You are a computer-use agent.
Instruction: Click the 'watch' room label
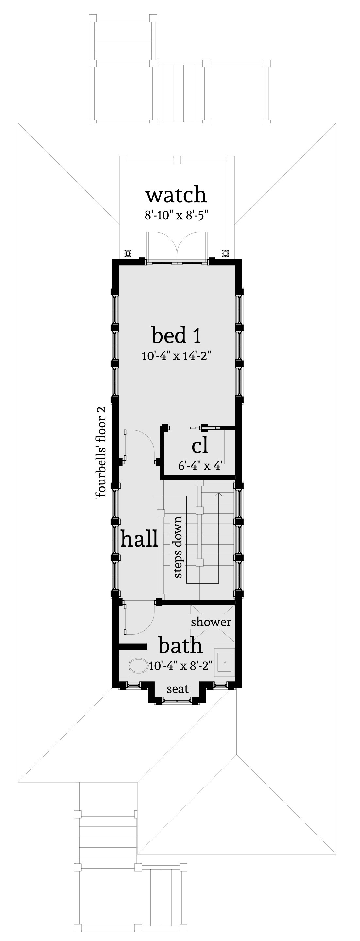[176, 195]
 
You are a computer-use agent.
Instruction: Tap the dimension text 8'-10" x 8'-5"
[176, 215]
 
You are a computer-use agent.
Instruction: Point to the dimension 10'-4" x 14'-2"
[177, 355]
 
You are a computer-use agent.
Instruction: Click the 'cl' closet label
[200, 446]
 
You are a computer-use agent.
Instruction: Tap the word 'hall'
[140, 538]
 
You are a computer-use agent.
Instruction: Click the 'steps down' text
[178, 547]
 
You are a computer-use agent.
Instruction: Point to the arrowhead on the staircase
[219, 494]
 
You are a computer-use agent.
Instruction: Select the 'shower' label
[211, 622]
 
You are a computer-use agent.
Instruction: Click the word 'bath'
[180, 646]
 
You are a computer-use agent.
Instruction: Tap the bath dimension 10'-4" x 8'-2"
[181, 666]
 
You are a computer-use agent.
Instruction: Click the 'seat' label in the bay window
[178, 689]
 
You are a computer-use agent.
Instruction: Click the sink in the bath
[225, 660]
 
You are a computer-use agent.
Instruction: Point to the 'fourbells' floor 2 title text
[101, 452]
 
